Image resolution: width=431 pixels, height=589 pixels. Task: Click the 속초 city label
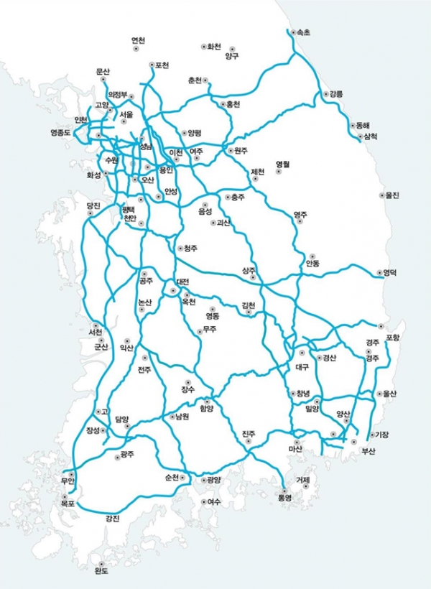pos(302,33)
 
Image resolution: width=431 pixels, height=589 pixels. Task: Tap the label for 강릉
pos(336,94)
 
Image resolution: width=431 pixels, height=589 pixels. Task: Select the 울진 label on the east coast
pos(392,195)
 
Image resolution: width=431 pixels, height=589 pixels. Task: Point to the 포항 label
pos(392,337)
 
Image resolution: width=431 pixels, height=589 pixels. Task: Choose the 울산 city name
pos(390,394)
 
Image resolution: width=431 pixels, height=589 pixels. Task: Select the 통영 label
pos(286,498)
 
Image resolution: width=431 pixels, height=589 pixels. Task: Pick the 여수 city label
pos(214,502)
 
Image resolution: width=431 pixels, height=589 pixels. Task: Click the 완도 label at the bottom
pos(101,572)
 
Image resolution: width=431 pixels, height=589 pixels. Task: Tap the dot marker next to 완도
pos(101,564)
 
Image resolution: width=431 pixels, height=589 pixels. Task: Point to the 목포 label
pos(68,505)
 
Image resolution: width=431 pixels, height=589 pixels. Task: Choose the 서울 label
pos(126,114)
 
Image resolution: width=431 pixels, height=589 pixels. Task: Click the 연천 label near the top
pos(138,40)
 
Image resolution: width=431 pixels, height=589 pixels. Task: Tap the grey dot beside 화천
pos(203,47)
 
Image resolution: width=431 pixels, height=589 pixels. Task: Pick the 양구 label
pos(231,55)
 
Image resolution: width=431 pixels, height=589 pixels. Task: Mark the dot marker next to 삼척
pos(359,136)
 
